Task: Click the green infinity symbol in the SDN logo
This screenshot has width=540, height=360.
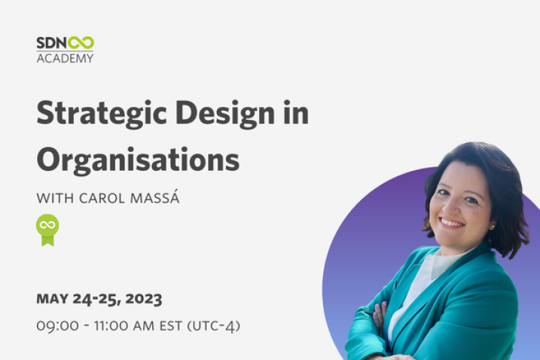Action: (x=81, y=43)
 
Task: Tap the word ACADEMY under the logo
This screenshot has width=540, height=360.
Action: (x=65, y=58)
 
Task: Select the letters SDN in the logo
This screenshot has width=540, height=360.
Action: (x=52, y=43)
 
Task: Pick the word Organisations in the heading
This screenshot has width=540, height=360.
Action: (x=138, y=160)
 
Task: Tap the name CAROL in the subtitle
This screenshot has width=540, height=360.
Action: (x=102, y=198)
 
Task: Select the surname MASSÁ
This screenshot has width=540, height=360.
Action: (x=155, y=197)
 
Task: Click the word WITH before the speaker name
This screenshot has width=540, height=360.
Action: (x=55, y=198)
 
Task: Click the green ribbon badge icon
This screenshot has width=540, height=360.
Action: (x=47, y=230)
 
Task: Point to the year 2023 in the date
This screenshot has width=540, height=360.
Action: (x=144, y=299)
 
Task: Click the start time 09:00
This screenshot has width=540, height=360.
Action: (x=57, y=326)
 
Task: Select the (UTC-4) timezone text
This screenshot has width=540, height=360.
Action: (x=214, y=326)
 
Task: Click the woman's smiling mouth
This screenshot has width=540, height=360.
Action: (x=451, y=222)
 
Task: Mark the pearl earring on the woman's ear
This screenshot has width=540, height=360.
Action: (x=493, y=227)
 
